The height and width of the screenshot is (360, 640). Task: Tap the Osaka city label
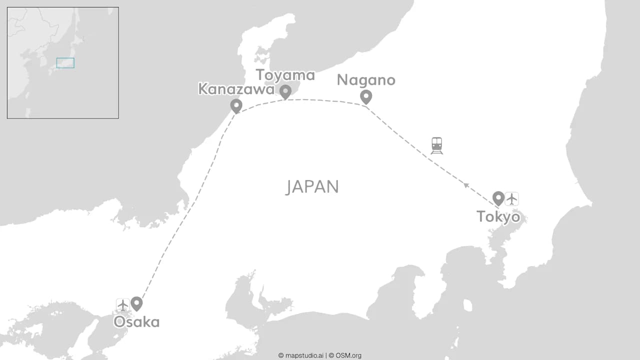coord(136,321)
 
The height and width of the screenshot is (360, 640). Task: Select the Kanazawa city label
coord(236,89)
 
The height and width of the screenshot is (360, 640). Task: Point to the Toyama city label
coord(285,75)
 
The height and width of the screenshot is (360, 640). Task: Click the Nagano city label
coord(366,80)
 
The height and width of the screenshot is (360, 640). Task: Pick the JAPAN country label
coord(312,187)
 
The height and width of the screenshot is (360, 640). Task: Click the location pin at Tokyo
coord(498,198)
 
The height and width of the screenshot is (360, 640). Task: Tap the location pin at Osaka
coord(136,303)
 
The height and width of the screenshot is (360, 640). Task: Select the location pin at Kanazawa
coord(236,105)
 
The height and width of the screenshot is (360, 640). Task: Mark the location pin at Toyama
coord(285,91)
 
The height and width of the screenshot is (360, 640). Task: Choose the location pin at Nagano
coord(366,96)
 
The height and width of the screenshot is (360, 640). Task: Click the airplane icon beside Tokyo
coord(511,199)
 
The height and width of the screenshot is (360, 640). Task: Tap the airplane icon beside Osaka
coord(123,305)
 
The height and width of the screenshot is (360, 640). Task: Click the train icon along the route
coord(437,145)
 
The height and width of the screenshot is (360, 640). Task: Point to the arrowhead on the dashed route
coord(466,185)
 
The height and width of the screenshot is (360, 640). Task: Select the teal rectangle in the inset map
coord(65,63)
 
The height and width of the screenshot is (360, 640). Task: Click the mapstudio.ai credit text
coord(300,355)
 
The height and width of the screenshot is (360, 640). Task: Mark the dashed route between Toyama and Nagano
coord(325,100)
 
